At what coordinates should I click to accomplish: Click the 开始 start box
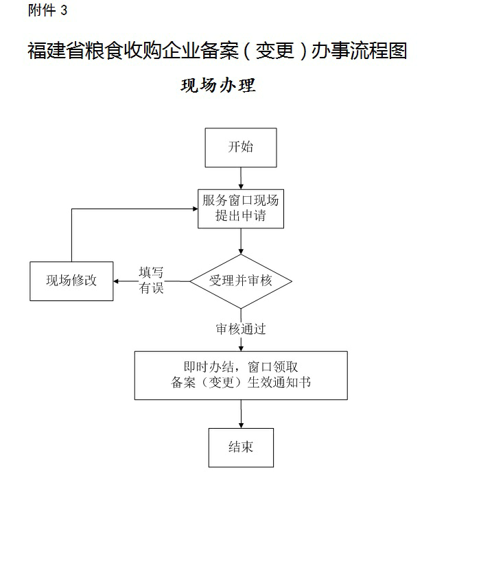pos(241,147)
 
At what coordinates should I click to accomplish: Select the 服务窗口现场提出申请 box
pos(241,209)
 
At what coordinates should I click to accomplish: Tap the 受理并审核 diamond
pos(241,281)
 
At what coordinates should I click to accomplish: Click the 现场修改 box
pos(71,281)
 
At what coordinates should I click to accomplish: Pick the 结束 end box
pos(241,447)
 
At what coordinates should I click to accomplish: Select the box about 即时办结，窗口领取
pos(241,375)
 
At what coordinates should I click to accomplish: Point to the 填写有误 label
pos(152,281)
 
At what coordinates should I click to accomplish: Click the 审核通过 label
pos(241,329)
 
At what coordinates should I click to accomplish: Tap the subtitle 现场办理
pos(218,85)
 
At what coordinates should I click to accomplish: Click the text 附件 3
pos(47,10)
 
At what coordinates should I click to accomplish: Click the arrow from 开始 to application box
pos(241,178)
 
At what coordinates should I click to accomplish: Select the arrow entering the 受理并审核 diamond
pos(241,242)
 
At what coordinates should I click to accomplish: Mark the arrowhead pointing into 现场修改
pos(119,281)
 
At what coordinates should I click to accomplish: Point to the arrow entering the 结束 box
pos(241,414)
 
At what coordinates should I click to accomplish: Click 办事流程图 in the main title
pos(359,51)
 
